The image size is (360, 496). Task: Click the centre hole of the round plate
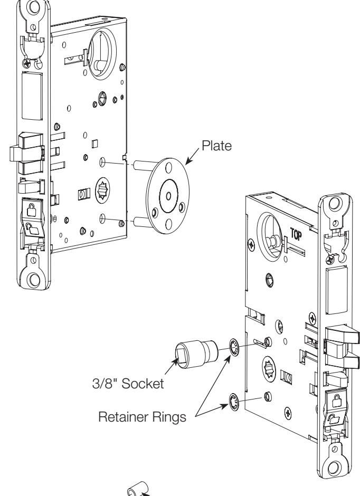[168, 196]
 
